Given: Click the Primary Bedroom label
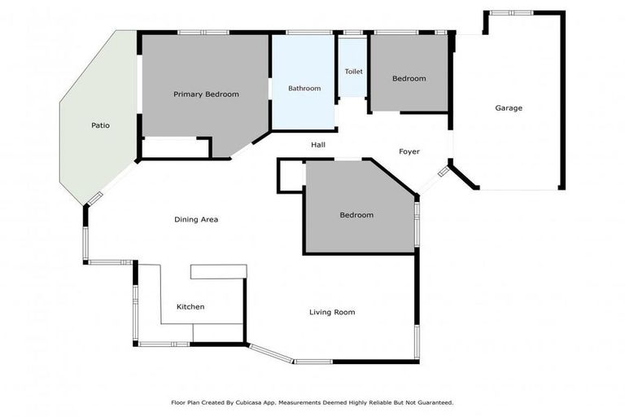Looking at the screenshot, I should (x=206, y=94).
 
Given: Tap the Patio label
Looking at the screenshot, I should (x=100, y=125).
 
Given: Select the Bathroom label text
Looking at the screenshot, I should (x=304, y=88).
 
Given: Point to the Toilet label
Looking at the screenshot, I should (x=353, y=72).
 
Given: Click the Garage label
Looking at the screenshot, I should (x=509, y=108).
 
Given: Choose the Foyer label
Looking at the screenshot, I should (x=409, y=151).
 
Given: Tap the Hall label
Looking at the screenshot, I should (x=318, y=145).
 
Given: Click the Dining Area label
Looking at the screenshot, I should (x=196, y=219).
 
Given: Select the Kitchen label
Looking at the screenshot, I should (x=190, y=306).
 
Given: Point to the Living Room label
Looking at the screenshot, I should (x=332, y=312).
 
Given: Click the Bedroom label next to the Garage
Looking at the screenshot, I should (x=409, y=78).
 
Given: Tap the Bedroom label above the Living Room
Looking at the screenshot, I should (x=356, y=215).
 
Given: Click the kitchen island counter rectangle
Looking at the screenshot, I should (x=218, y=271).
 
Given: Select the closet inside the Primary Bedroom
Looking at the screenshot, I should (x=175, y=148).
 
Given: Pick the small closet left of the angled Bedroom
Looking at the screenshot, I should (x=291, y=176).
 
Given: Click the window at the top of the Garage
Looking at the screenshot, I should (x=512, y=13).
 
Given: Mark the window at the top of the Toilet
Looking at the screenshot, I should (x=353, y=33).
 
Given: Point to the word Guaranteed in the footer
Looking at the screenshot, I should (x=431, y=402).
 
